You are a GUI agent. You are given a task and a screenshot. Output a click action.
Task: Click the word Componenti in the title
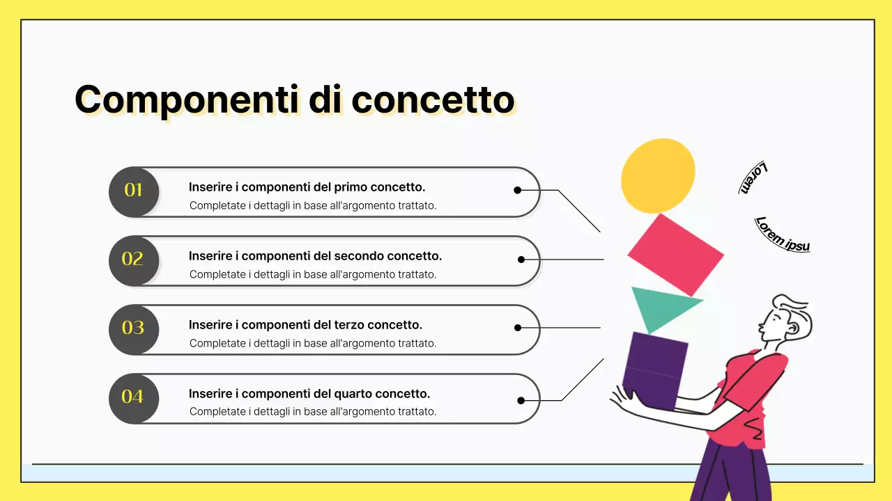pyautogui.click(x=187, y=100)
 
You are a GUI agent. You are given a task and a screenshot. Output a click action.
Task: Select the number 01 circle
pyautogui.click(x=134, y=191)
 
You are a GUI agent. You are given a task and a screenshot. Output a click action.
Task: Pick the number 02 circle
pyautogui.click(x=134, y=260)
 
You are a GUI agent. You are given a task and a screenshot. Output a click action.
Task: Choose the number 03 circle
pyautogui.click(x=134, y=328)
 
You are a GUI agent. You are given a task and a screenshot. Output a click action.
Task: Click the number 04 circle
pyautogui.click(x=134, y=397)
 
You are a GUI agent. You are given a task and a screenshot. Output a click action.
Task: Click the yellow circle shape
pyautogui.click(x=658, y=175)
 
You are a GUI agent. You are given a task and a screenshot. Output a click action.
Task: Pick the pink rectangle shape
pyautogui.click(x=675, y=255)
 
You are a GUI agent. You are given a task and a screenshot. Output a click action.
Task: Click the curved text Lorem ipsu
pyautogui.click(x=783, y=234)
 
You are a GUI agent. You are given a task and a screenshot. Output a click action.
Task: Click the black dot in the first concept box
pyautogui.click(x=517, y=190)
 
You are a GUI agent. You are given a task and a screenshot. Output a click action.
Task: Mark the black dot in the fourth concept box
pyautogui.click(x=521, y=400)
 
